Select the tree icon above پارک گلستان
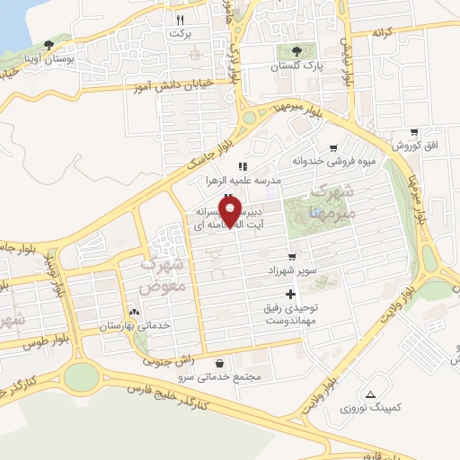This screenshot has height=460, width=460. [293, 51]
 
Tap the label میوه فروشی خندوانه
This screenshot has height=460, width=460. [323, 162]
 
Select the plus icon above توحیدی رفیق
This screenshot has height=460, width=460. [289, 295]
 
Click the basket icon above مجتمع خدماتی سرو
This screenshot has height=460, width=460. [221, 363]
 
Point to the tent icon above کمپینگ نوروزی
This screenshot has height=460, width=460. [370, 394]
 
